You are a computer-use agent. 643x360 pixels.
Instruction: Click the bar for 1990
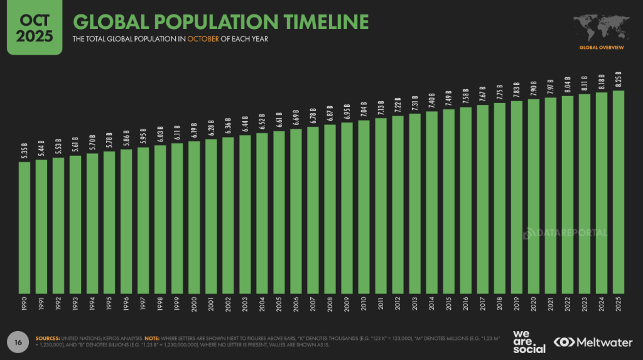tap(24, 227)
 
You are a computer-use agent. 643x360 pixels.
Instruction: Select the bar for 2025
tap(618, 192)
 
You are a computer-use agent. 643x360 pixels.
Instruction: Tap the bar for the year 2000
tap(194, 217)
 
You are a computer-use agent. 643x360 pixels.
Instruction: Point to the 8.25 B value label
tap(618, 80)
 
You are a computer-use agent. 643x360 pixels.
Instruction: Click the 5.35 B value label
tap(24, 151)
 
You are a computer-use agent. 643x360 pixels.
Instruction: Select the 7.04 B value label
tap(364, 110)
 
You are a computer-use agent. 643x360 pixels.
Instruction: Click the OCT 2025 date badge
tap(34, 27)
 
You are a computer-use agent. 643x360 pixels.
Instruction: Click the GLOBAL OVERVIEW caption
tap(601, 48)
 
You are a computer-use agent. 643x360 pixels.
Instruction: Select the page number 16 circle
tap(19, 342)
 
